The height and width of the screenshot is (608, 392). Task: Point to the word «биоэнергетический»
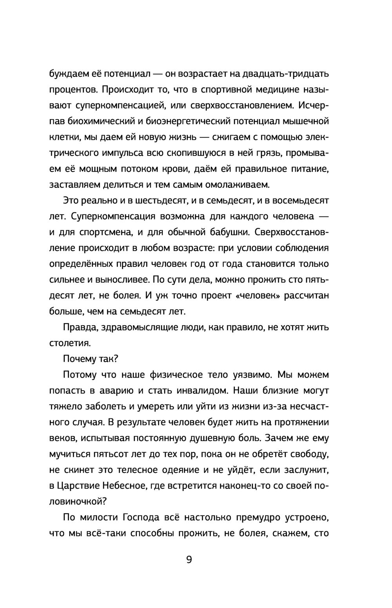[x=188, y=121]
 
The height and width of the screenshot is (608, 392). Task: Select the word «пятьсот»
[x=111, y=454]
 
